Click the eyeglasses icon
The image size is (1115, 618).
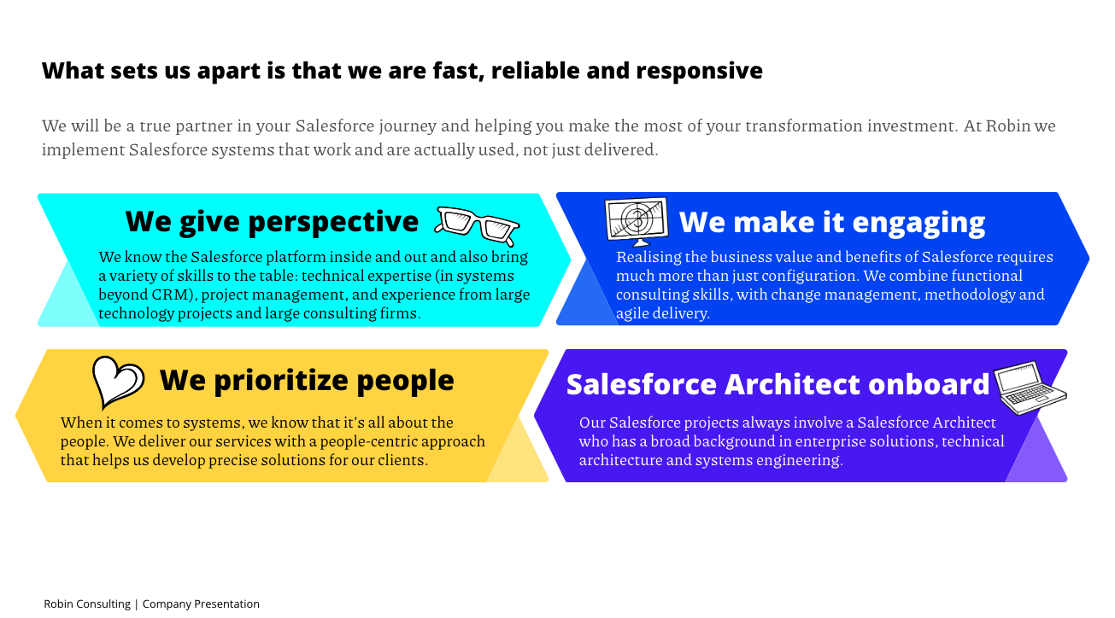point(477,226)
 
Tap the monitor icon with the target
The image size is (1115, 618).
point(637,221)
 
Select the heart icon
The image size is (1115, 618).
point(118,382)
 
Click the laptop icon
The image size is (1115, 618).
point(1030,388)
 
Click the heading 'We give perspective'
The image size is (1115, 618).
point(272,221)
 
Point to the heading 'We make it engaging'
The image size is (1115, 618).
point(832,222)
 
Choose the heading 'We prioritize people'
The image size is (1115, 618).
point(307,381)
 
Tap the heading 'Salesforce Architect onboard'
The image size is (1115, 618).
point(778,384)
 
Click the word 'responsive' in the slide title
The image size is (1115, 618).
point(700,71)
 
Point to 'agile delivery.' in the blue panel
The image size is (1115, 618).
point(663,313)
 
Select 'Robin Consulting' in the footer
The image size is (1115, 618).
point(87,604)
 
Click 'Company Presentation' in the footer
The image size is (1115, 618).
point(201,604)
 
